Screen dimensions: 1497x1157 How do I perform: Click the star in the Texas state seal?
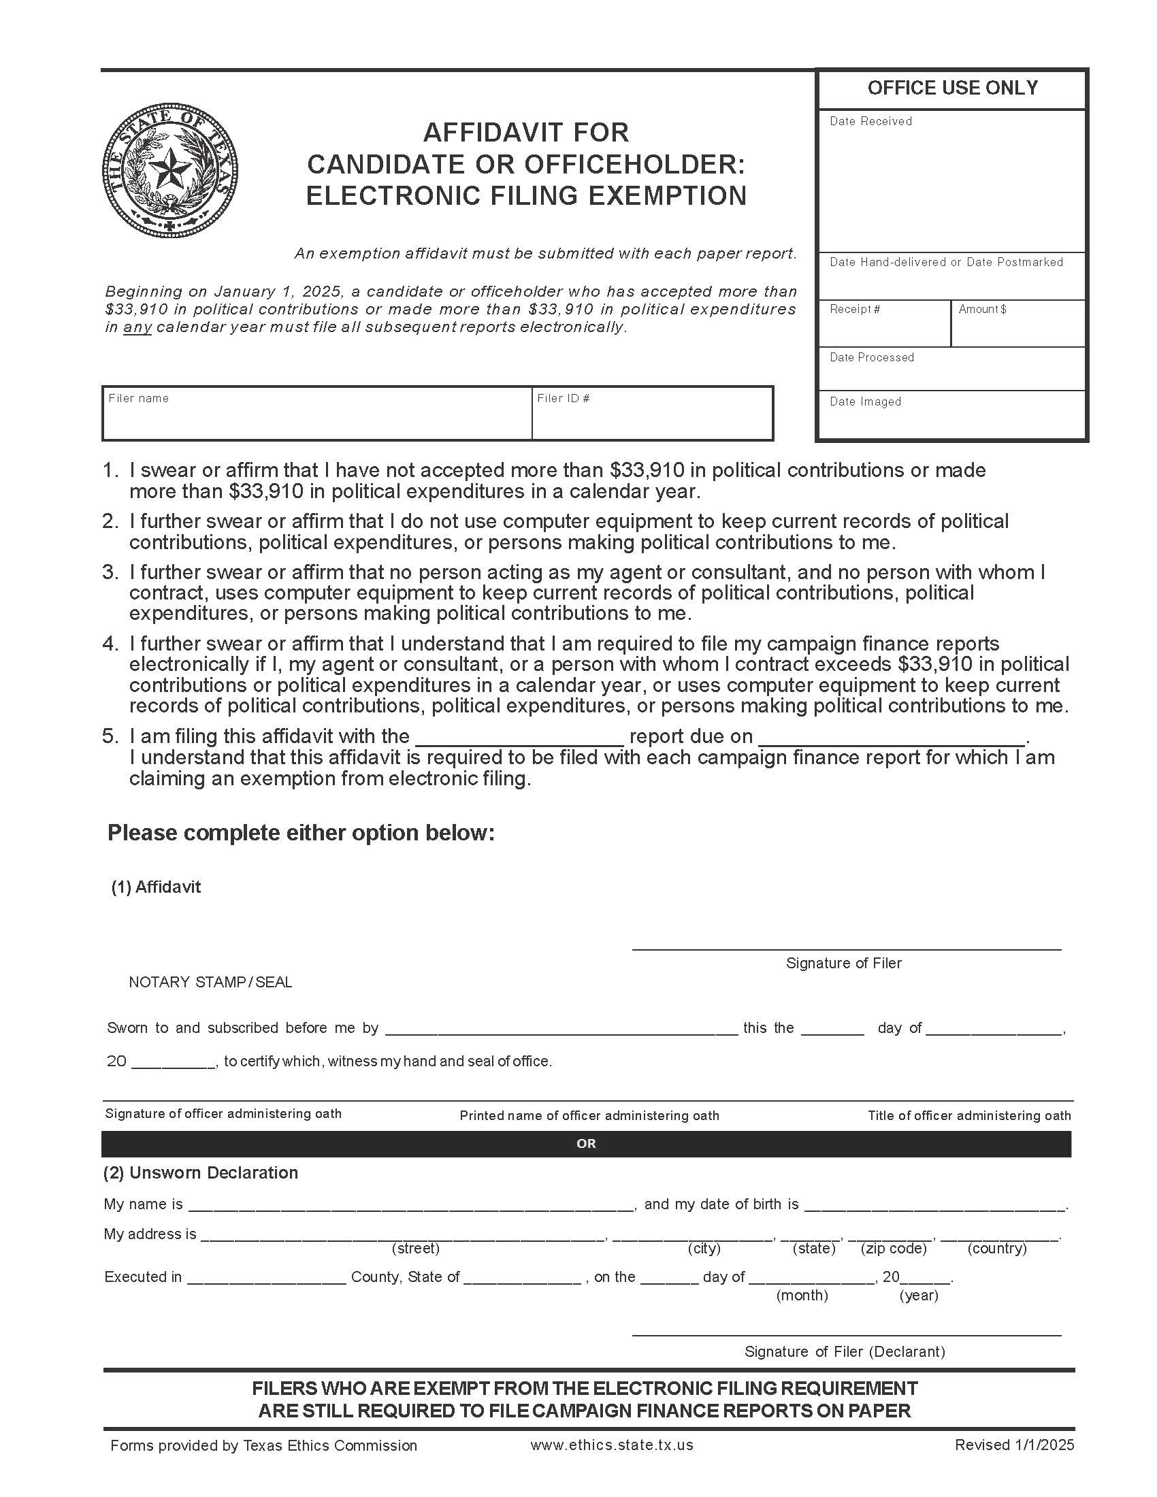(169, 169)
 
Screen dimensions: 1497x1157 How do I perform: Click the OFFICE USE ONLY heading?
(952, 88)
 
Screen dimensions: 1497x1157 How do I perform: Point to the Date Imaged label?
(865, 401)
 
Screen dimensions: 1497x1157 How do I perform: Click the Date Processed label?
(871, 357)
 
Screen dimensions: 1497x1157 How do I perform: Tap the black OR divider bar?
(586, 1143)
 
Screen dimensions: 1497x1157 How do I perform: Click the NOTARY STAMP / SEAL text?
(210, 981)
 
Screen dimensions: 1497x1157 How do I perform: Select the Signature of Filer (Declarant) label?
(845, 1351)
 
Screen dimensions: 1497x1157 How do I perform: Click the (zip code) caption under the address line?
(893, 1248)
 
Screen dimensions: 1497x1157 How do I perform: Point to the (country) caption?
(996, 1248)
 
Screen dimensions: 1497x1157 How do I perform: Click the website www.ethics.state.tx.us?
(611, 1445)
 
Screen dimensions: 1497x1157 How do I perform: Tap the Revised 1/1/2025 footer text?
(1015, 1445)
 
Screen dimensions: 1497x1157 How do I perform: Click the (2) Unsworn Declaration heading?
(201, 1173)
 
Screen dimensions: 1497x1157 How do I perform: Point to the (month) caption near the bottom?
(802, 1296)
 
